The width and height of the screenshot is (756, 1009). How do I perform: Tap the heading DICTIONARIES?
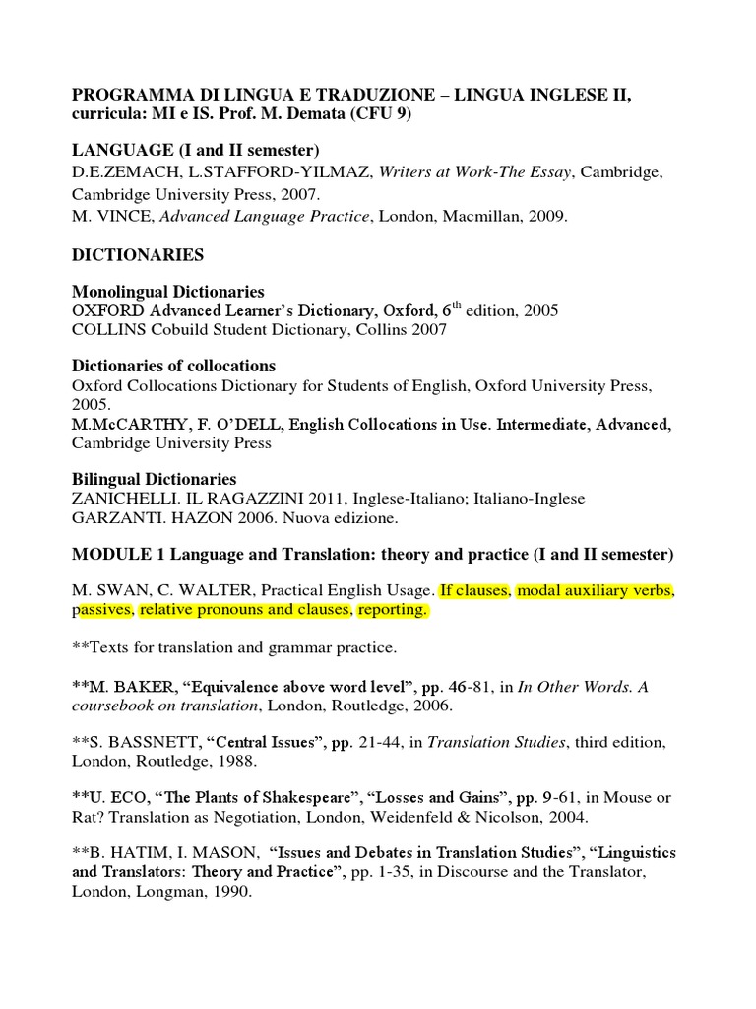click(x=138, y=255)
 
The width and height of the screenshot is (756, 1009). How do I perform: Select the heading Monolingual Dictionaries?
click(x=168, y=292)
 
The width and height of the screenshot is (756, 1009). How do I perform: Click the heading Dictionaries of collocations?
click(x=173, y=366)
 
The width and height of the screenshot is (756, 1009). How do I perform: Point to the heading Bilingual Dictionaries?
click(x=155, y=479)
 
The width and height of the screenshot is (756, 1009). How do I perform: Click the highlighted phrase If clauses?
click(x=473, y=591)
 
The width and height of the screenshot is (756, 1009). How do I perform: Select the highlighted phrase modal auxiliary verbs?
click(x=595, y=591)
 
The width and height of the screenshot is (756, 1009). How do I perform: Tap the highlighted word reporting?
click(x=393, y=611)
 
